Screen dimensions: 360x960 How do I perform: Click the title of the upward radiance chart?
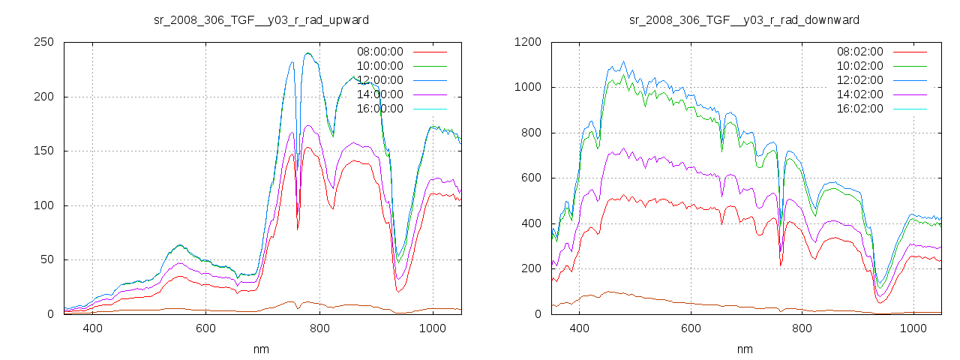coord(262,19)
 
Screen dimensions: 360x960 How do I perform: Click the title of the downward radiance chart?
coord(744,19)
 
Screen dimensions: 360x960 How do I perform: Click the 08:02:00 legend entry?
coord(860,52)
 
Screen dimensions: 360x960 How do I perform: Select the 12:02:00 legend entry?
coord(860,80)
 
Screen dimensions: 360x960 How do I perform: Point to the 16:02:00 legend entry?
coord(860,109)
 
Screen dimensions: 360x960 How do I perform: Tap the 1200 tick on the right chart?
coord(529,43)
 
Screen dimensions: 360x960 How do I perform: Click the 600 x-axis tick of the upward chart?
coord(206,328)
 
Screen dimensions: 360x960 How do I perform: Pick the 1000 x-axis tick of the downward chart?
coord(913,328)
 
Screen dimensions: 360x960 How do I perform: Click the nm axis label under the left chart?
coord(262,349)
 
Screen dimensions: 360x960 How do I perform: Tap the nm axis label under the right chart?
coord(744,349)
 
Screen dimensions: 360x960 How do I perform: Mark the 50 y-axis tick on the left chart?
coord(48,260)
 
